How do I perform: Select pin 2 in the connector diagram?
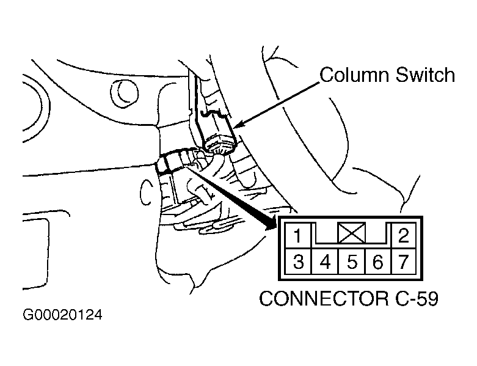[x=403, y=236]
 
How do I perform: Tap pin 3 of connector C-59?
[x=297, y=263]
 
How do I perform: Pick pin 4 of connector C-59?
[x=325, y=263]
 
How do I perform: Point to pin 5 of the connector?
[x=352, y=263]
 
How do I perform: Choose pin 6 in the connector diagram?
[x=377, y=263]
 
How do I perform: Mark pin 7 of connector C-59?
[x=403, y=263]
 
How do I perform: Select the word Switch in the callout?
[x=426, y=75]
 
